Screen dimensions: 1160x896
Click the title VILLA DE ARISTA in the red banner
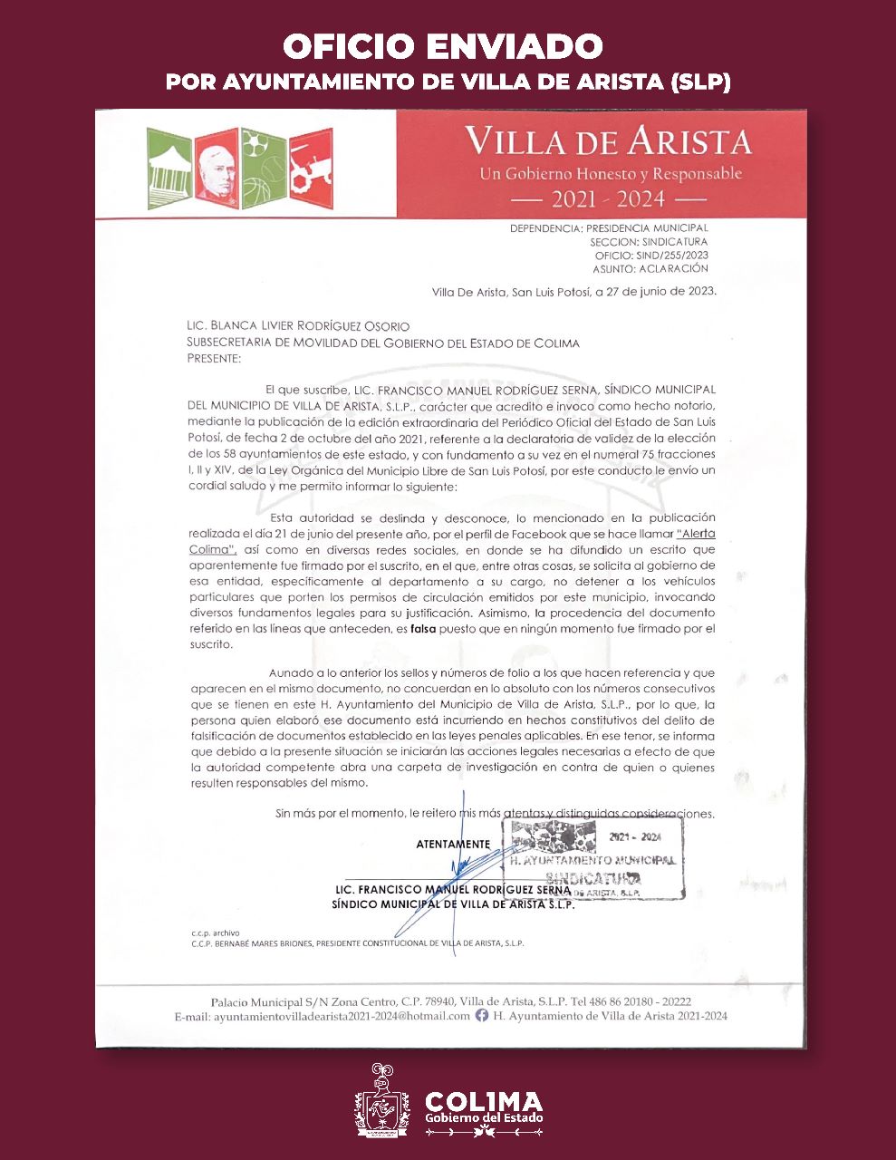point(608,142)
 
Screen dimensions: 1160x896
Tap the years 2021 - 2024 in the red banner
point(608,199)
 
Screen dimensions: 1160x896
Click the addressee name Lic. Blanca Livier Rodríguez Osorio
point(298,326)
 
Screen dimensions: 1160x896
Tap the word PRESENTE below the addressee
point(214,358)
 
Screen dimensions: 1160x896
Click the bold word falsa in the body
point(424,628)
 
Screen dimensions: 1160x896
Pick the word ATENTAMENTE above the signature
point(452,844)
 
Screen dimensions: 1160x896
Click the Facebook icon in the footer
point(482,1016)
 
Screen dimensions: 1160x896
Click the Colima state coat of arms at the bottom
point(382,1101)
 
